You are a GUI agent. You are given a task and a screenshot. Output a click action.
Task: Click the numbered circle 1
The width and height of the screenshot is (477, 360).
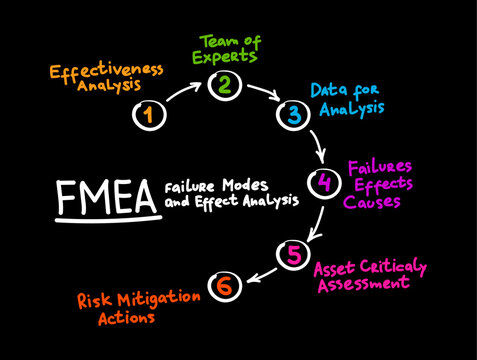[x=148, y=115]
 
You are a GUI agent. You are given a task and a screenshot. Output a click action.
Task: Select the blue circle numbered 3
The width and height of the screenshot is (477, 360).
[x=293, y=114]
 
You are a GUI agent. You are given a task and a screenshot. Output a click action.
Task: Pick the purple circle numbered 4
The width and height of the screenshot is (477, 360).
[x=323, y=183]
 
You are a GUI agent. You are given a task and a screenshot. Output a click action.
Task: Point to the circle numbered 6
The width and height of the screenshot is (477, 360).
[x=225, y=286]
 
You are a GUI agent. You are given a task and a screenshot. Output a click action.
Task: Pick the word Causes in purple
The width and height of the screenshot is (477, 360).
[x=372, y=201]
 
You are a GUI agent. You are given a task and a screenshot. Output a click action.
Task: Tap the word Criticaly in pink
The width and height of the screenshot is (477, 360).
[x=392, y=267]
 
